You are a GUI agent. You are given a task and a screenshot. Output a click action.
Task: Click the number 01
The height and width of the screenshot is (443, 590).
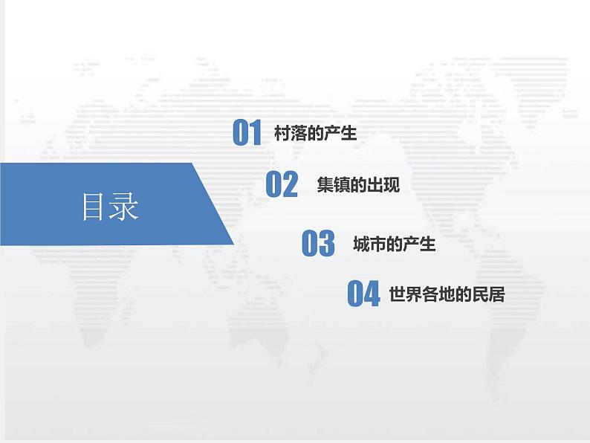point(247,133)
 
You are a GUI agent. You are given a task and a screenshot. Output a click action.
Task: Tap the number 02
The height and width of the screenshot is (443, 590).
point(282,184)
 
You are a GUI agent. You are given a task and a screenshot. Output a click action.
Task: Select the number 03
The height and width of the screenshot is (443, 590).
point(318,244)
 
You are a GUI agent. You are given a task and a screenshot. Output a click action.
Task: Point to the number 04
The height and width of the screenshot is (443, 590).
point(363,294)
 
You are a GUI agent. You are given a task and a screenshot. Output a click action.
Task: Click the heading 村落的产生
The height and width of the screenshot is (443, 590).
point(316,134)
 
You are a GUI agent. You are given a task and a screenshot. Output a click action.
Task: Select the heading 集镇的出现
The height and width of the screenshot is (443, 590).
point(358,185)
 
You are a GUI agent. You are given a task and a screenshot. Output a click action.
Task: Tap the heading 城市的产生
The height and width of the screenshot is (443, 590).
point(394,244)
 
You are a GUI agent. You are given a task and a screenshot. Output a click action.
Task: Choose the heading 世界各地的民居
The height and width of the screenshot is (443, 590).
point(447,294)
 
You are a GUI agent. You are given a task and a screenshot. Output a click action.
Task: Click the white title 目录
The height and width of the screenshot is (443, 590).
point(110,207)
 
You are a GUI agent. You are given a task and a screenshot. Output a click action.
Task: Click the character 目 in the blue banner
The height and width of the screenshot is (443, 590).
point(95,207)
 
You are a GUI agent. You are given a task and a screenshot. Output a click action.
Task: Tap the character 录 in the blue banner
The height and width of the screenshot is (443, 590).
point(125,207)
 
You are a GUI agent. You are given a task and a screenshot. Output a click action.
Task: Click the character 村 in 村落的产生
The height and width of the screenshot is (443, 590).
point(282,134)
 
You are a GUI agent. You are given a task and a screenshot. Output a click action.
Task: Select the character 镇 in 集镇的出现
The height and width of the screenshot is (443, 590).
point(342,185)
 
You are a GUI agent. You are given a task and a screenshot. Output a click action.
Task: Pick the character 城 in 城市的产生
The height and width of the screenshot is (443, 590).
point(361,244)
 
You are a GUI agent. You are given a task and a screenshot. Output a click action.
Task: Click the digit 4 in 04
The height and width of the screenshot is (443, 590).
point(372,294)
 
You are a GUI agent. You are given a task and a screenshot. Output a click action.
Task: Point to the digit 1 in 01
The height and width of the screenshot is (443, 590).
point(256,133)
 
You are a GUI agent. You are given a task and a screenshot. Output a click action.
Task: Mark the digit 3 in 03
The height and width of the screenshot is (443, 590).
point(327,244)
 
